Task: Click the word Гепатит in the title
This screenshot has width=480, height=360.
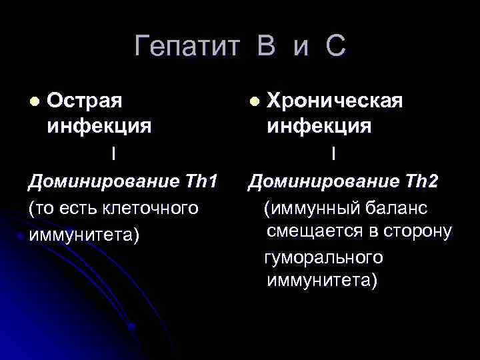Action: coord(186,47)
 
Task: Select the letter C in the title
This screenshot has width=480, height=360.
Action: coord(335,47)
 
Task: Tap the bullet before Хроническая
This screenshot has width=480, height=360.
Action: coord(253,101)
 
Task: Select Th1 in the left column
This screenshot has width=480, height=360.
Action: coord(203,181)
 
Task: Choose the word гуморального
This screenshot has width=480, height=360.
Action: coord(324,257)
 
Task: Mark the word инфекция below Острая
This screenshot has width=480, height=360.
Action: coord(99,125)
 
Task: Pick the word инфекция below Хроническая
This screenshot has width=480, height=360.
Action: coord(319,125)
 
